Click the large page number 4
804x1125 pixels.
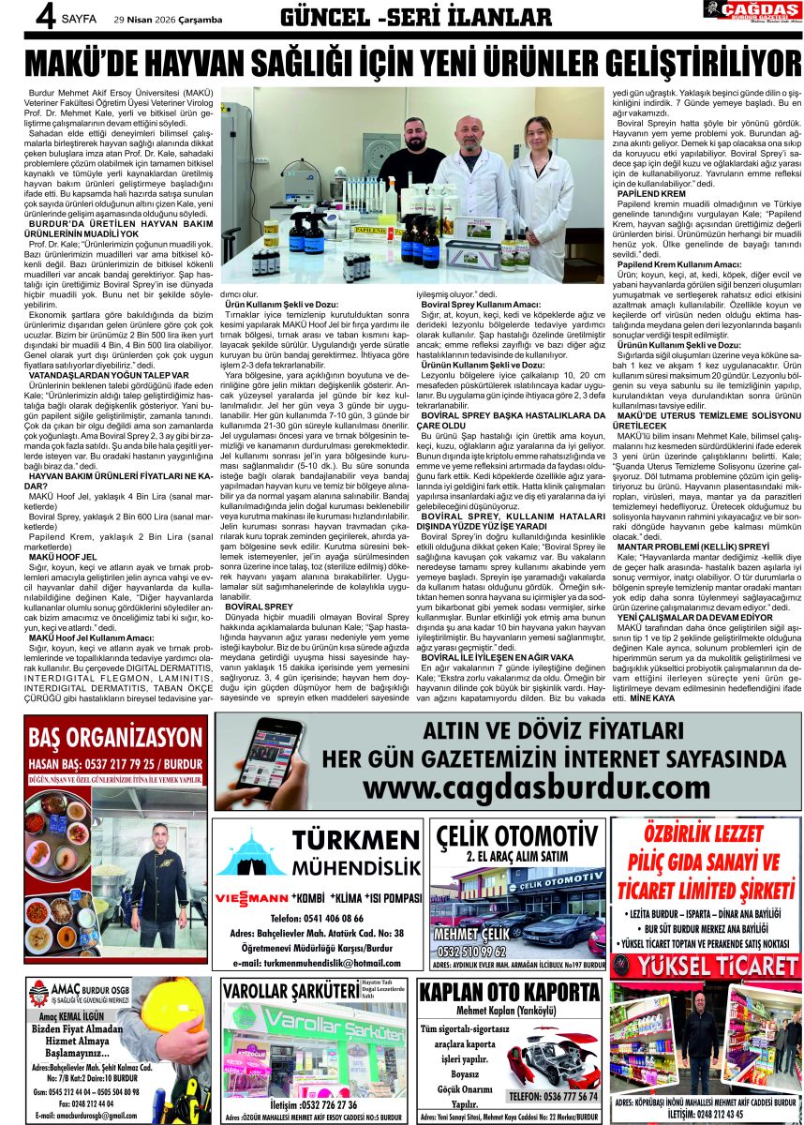[x=16, y=17]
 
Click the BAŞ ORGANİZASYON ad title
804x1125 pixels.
[x=116, y=738]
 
